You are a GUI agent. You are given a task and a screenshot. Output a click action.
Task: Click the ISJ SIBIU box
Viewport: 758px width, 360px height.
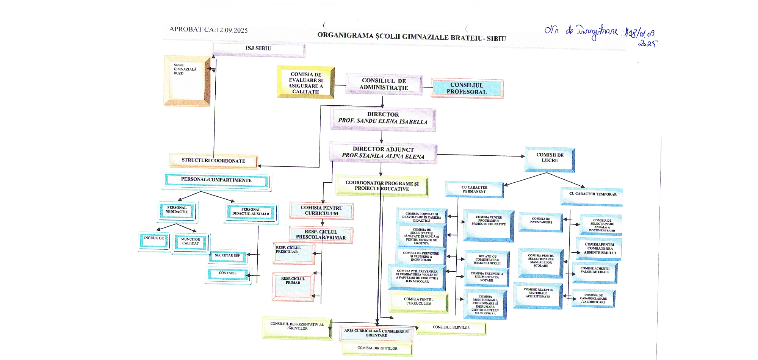258,49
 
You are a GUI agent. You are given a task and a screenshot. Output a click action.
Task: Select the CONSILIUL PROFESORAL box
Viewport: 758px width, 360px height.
467,89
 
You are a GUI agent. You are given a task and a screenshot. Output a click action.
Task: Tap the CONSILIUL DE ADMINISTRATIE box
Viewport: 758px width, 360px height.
384,84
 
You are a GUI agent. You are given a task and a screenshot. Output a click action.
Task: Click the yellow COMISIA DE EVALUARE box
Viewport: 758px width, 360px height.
305,83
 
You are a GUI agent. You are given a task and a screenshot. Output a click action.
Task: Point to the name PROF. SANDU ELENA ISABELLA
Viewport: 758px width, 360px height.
383,121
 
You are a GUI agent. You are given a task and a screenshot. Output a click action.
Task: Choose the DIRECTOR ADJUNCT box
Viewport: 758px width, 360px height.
383,152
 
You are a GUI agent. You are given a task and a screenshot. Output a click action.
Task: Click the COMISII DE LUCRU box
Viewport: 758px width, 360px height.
550,158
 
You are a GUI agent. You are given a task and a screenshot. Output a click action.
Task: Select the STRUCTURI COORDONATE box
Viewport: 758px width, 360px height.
213,161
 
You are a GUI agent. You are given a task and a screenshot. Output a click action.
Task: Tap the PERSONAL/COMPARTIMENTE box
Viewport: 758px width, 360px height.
216,180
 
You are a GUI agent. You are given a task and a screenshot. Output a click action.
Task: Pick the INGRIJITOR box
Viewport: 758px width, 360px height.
154,240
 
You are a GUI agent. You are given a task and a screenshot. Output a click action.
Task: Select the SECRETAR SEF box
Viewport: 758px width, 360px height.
227,256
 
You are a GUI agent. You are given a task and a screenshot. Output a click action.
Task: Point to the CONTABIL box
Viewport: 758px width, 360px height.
228,274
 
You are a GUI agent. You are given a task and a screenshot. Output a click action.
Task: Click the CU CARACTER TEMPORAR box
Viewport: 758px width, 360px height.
592,195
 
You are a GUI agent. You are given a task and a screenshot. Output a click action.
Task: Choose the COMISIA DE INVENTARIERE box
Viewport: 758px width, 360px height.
541,221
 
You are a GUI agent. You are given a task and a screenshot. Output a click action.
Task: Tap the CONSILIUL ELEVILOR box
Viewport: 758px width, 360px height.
451,328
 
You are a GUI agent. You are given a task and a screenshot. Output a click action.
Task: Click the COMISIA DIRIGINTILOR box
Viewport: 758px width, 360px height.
377,348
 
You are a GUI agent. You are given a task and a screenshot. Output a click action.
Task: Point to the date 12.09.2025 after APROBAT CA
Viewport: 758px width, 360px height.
232,30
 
